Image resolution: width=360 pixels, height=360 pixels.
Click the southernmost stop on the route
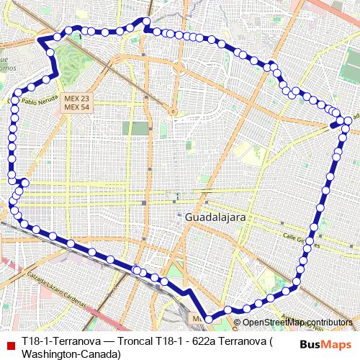tap(209, 318)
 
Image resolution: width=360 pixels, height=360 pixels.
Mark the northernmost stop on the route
tap(147, 21)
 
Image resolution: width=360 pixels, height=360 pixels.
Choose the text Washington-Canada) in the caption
tap(71, 354)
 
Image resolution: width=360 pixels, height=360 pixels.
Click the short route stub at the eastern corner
tap(336, 124)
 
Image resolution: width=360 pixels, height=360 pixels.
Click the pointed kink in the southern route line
tap(189, 292)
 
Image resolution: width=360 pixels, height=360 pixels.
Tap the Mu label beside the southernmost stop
tap(197, 317)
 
